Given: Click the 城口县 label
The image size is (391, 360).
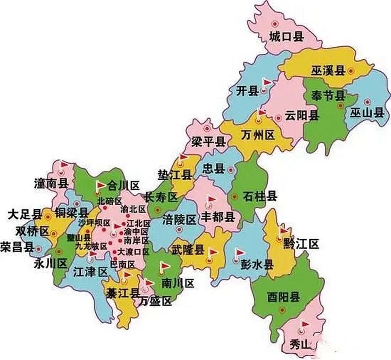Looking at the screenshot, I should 286,37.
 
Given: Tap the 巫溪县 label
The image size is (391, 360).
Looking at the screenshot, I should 328,71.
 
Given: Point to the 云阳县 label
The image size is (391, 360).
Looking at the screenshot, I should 302,116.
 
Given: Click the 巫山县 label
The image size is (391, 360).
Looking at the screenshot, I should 367,113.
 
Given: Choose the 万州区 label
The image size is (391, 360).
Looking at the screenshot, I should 258,136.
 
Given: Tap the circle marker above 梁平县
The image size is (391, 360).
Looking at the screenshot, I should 207,129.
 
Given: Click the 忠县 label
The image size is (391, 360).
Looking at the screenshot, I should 214,169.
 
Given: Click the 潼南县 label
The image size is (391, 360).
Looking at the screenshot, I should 51,184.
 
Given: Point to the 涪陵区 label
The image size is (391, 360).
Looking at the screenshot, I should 179,220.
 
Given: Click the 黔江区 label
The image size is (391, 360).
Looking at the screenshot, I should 301,244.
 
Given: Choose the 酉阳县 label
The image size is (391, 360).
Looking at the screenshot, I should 283,297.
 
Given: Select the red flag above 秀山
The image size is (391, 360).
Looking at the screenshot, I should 305,324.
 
